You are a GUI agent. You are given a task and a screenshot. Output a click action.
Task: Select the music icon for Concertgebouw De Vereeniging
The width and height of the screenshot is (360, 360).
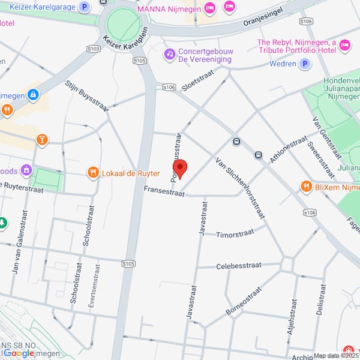click(x=170, y=55)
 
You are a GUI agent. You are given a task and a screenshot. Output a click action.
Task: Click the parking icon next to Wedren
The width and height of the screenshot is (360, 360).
click(x=305, y=64)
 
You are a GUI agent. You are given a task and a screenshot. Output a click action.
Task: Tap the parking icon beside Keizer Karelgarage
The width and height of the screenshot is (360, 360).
click(x=85, y=8)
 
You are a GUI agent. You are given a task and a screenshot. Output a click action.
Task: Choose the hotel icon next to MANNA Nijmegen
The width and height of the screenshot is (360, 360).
click(x=209, y=8)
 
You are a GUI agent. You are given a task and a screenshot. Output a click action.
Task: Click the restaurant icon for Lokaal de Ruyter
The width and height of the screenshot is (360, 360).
click(x=93, y=173)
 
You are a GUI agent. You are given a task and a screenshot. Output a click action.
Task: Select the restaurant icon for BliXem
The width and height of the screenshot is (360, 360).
click(x=305, y=185)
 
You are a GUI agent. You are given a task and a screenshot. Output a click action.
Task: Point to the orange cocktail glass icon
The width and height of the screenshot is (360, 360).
click(x=42, y=140)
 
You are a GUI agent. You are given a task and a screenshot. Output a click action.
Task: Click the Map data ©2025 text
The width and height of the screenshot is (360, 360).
click(x=335, y=355)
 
